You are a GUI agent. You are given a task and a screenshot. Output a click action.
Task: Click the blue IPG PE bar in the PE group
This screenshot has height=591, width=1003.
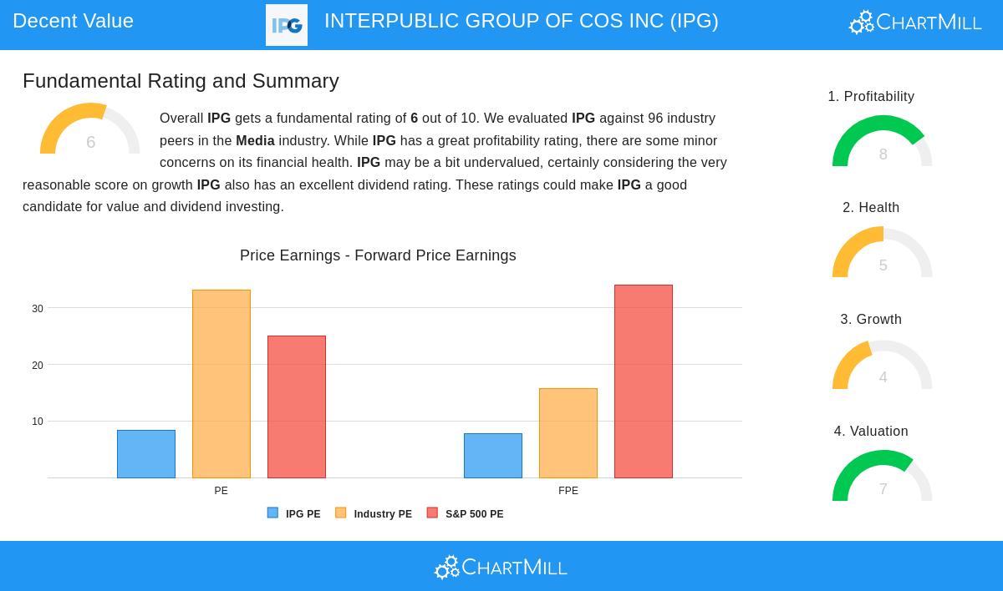pos(146,454)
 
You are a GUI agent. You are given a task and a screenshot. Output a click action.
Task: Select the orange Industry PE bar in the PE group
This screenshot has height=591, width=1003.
pos(221,384)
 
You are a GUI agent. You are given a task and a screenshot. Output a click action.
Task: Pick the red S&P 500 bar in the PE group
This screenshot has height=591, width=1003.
pos(297,407)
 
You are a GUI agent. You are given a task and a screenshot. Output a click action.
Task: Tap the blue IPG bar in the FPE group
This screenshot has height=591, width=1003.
pos(493,456)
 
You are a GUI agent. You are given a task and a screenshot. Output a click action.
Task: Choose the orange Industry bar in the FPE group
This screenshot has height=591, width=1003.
pos(568,433)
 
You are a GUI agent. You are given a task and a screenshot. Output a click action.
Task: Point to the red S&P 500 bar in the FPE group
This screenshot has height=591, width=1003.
pos(644,381)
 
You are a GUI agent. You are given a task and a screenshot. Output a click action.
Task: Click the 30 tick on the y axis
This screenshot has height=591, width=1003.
pos(38,309)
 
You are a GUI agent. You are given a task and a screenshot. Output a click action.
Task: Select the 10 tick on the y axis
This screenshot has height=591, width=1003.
pos(38,422)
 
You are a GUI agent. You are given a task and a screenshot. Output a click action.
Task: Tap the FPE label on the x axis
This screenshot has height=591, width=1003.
pos(568,491)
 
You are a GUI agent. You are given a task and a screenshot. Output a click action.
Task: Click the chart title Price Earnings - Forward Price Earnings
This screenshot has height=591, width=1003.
pos(378,255)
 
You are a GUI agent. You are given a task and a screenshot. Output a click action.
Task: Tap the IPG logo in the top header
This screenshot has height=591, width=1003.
pos(287,25)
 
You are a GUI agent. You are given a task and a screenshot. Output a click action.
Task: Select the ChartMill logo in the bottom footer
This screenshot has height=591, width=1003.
pos(501,568)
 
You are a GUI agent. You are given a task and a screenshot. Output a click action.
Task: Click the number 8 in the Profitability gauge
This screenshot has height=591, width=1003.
pos(883,154)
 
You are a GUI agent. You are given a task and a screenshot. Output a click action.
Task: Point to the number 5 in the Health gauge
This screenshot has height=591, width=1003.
pos(883,265)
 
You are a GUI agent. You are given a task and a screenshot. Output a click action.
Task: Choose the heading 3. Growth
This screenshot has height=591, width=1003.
pos(871,319)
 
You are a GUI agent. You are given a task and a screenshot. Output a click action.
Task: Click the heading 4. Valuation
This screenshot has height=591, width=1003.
pos(871,431)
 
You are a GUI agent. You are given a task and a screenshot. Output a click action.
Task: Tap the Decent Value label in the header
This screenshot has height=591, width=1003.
pos(73,21)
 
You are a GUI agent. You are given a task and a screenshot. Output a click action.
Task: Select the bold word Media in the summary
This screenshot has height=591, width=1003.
pos(255,140)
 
